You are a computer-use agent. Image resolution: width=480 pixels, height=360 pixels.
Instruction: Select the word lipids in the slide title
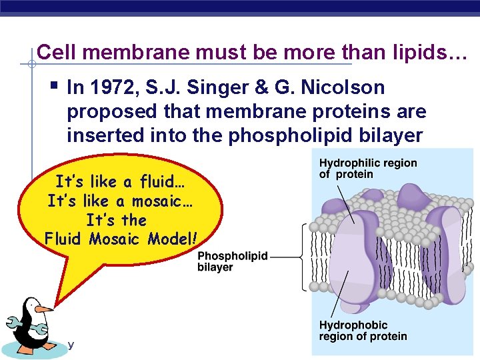[x=423, y=51]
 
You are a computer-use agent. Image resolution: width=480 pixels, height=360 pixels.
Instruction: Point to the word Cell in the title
[x=53, y=51]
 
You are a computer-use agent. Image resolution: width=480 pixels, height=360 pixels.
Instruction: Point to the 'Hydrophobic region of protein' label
[x=363, y=331]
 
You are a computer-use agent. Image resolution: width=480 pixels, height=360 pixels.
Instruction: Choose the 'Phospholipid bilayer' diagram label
[x=232, y=261]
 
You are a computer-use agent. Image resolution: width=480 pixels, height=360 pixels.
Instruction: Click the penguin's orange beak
[x=43, y=309]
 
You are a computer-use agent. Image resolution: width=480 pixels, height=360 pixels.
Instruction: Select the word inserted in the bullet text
[x=101, y=135]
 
